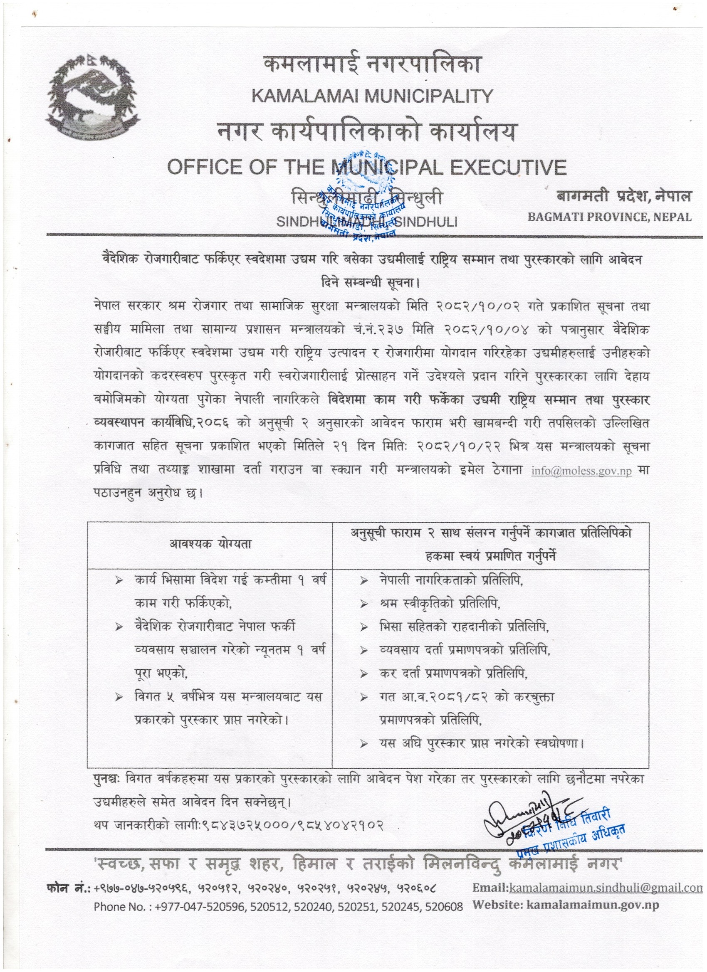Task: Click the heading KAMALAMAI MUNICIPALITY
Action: tap(372, 96)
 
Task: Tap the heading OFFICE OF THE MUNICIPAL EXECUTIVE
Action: tap(366, 167)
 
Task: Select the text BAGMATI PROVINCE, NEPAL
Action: tap(609, 217)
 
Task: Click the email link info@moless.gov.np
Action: tap(581, 471)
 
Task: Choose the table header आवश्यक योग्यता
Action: tap(210, 544)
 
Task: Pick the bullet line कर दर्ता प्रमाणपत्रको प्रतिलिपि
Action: tap(454, 674)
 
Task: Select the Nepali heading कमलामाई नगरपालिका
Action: tap(372, 67)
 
